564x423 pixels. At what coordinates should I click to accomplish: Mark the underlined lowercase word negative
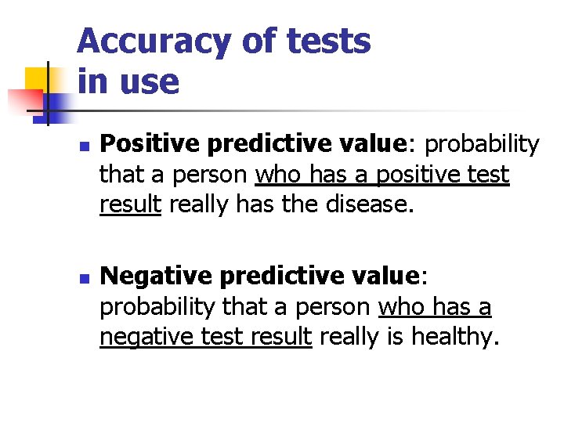(x=142, y=337)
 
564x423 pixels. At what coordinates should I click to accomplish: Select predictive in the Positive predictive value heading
(x=262, y=145)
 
